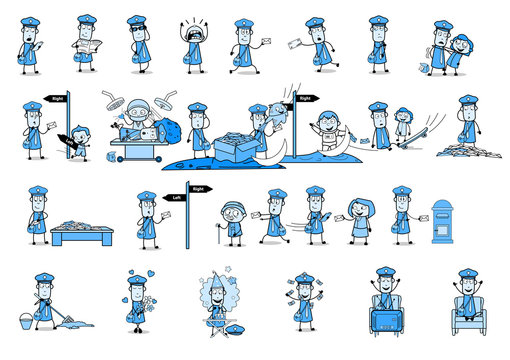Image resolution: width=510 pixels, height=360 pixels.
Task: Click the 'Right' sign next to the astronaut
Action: point(305,99)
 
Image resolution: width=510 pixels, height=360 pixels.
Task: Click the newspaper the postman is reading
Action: point(85,45)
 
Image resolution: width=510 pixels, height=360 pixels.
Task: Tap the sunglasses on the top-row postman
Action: point(136,30)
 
